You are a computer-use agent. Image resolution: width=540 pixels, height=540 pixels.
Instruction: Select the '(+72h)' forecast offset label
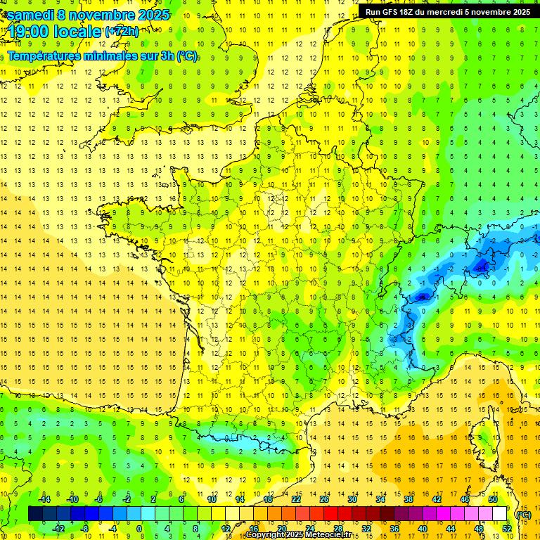coord(121,31)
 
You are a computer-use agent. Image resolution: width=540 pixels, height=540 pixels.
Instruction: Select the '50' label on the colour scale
coord(493,499)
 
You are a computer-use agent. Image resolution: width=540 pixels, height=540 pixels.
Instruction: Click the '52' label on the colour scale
coord(507,529)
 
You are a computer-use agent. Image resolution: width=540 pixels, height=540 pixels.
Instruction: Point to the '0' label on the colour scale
coord(139,529)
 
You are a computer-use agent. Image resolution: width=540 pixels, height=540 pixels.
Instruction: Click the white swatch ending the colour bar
coord(500,513)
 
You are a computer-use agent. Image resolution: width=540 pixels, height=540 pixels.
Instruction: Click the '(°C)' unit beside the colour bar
coord(523,514)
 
